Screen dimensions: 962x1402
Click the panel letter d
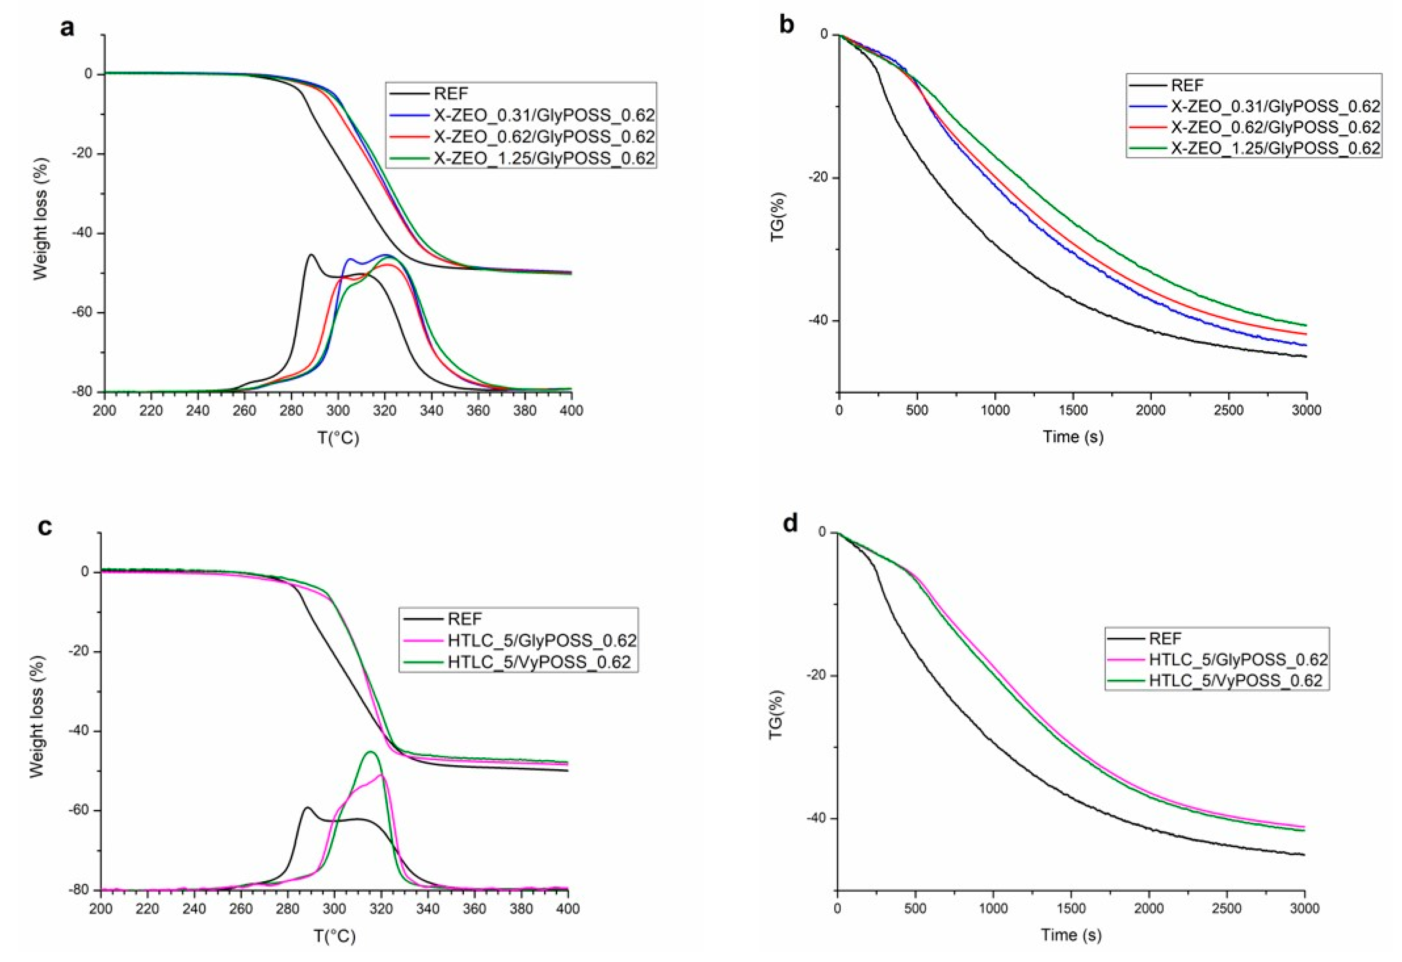point(790,523)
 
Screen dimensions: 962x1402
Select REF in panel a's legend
point(451,93)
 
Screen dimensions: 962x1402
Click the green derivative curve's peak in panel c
point(370,751)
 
